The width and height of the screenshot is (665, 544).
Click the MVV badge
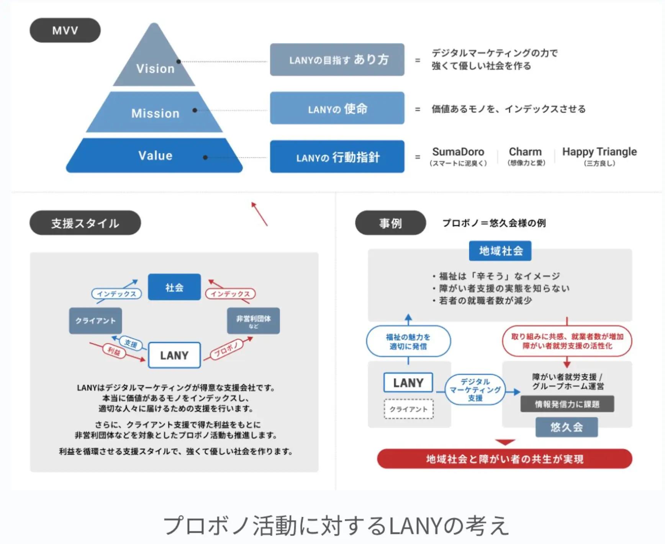[x=65, y=30]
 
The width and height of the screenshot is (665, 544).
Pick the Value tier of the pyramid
[x=155, y=156]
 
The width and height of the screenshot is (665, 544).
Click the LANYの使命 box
[x=337, y=108]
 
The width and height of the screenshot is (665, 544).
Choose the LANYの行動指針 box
[x=337, y=157]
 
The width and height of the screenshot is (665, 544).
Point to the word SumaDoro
[x=458, y=152]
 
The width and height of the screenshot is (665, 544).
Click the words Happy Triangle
[x=599, y=152]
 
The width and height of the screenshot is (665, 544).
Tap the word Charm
[x=525, y=152]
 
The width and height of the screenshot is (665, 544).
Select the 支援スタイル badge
[x=85, y=223]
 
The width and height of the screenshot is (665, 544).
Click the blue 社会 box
[x=174, y=287]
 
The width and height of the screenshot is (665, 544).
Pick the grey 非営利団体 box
[x=253, y=321]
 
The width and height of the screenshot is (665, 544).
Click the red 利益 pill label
[x=114, y=350]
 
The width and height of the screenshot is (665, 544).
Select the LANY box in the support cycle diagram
[x=174, y=355]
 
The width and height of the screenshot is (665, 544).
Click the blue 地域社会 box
[x=500, y=251]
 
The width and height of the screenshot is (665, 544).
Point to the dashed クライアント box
[x=408, y=409]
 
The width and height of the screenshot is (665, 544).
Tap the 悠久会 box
[x=567, y=427]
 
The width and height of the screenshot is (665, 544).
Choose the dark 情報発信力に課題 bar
[x=567, y=404]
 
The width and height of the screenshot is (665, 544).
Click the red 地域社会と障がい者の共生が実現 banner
[x=504, y=459]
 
